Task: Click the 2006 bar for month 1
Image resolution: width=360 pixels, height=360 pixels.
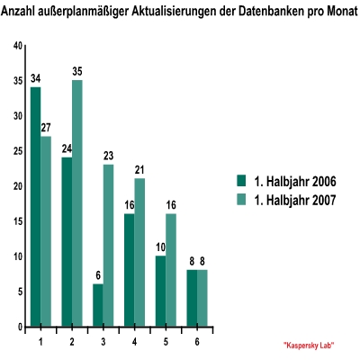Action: point(36,206)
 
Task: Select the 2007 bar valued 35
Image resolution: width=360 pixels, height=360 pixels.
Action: point(77,203)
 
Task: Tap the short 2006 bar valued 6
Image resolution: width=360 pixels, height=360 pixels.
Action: point(98,305)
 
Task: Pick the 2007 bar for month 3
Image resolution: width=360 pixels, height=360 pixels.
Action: point(108,246)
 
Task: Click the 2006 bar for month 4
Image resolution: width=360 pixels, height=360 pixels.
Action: point(129,270)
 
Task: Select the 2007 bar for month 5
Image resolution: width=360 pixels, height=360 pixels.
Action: point(171,270)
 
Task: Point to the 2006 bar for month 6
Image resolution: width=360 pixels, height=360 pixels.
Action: point(192,298)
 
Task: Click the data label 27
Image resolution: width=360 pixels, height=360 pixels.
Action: point(46,128)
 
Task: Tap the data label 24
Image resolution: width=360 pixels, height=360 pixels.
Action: point(67,148)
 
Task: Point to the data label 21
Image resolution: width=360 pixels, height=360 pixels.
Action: point(139,170)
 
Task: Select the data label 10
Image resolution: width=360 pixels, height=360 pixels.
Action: point(160,247)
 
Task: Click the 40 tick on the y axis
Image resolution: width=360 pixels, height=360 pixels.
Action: point(18,46)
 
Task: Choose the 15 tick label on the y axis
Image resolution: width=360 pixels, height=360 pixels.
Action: point(18,221)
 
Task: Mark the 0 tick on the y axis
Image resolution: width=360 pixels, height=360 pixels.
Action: point(20,327)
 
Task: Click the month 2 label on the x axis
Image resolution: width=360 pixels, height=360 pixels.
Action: point(72,342)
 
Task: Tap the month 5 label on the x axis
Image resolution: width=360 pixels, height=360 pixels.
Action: point(166,342)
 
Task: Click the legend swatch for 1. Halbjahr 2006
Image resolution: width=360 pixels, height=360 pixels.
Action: point(241,181)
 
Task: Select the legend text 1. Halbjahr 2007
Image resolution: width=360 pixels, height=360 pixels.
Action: point(295,200)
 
